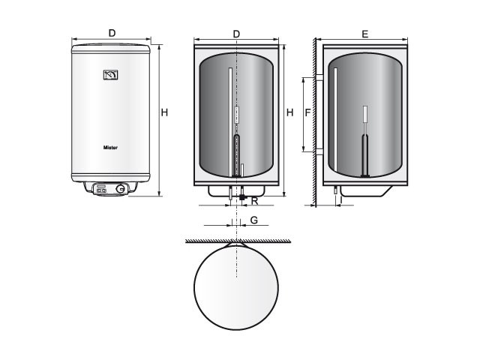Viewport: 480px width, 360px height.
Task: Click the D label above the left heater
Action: click(112, 33)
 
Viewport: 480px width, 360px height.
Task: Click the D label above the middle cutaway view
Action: click(236, 34)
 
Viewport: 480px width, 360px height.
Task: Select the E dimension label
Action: click(365, 34)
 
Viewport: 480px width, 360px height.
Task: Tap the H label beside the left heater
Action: click(164, 112)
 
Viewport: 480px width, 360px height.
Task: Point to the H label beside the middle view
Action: click(290, 112)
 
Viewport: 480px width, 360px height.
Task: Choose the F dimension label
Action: click(308, 112)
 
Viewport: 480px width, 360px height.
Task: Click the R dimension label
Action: click(255, 202)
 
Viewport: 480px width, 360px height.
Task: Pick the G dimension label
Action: click(254, 220)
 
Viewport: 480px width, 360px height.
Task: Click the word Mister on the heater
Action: click(110, 148)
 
